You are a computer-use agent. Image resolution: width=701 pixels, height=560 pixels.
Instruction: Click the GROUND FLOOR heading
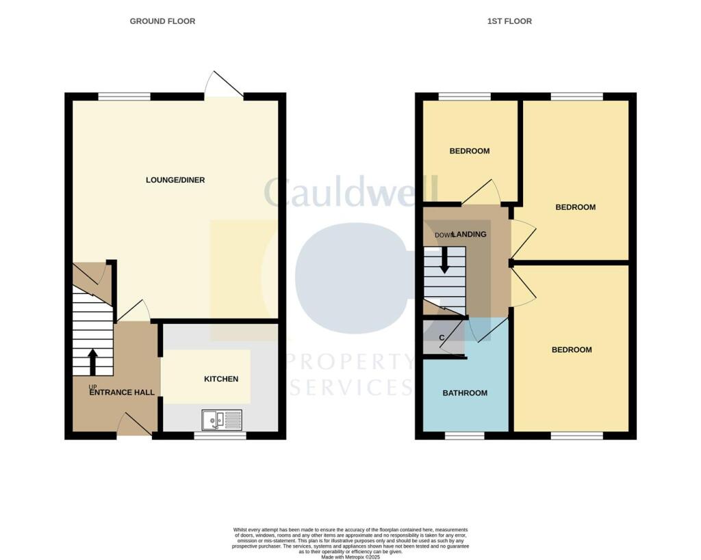tap(162, 21)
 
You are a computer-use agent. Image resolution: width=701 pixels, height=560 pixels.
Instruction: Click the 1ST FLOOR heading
tap(509, 21)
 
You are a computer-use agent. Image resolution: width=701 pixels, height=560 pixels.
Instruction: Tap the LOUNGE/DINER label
tap(175, 181)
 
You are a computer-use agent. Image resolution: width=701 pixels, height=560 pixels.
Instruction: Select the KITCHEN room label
tap(221, 379)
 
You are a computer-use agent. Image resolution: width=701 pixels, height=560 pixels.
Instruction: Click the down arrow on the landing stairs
tap(444, 259)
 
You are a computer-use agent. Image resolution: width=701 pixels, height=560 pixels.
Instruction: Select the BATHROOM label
tap(465, 393)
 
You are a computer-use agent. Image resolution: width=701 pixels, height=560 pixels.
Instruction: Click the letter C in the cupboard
tap(442, 338)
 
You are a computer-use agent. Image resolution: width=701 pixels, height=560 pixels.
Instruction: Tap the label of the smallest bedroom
tap(470, 151)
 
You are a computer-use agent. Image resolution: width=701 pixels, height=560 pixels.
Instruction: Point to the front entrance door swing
tap(133, 425)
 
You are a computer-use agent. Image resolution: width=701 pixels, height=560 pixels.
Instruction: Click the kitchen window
tap(220, 435)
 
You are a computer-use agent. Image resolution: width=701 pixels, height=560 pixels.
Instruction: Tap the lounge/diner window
tap(124, 97)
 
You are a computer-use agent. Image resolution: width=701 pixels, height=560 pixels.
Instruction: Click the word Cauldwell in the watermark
tap(350, 192)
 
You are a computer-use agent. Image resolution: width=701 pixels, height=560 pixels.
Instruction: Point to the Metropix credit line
tap(350, 557)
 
